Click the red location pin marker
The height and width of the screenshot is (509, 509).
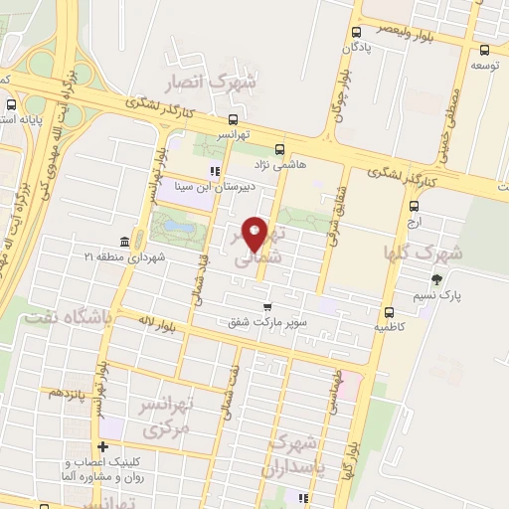[256, 235]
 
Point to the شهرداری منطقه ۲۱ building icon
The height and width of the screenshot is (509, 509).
[124, 243]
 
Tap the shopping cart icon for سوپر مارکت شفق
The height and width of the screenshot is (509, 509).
[266, 306]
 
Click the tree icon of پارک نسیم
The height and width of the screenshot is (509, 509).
[435, 280]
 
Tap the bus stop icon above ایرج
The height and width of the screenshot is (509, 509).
[415, 206]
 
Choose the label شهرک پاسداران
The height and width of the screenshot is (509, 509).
[291, 454]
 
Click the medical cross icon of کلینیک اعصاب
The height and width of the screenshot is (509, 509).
[102, 447]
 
